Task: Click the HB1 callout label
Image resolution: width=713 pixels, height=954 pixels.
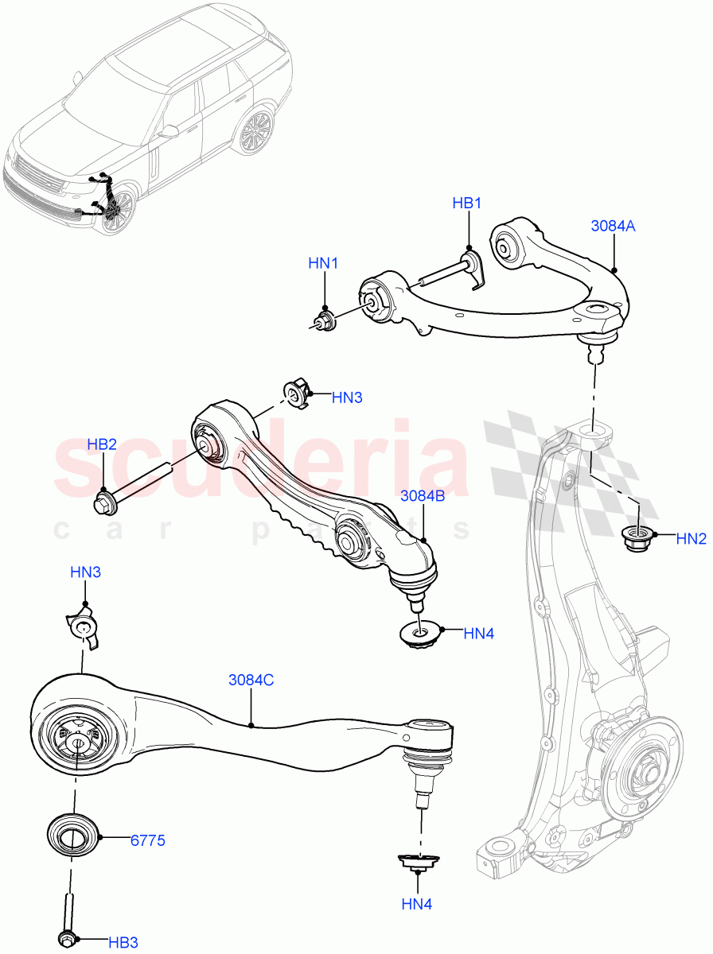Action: pyautogui.click(x=467, y=204)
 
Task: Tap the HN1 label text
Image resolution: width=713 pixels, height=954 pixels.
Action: pyautogui.click(x=324, y=263)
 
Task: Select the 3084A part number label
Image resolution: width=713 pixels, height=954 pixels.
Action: pyautogui.click(x=613, y=226)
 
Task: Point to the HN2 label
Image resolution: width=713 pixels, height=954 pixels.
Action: pyautogui.click(x=691, y=539)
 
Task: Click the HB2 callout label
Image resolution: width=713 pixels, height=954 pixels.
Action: pyautogui.click(x=101, y=444)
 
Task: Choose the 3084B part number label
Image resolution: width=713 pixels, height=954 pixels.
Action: pyautogui.click(x=423, y=495)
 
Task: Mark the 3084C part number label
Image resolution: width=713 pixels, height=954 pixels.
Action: pyautogui.click(x=251, y=680)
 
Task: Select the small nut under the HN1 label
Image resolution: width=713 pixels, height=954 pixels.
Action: pyautogui.click(x=324, y=322)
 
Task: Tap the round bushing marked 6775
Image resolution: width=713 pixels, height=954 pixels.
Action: pyautogui.click(x=72, y=838)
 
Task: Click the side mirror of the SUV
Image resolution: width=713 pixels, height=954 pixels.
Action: pyautogui.click(x=169, y=131)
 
